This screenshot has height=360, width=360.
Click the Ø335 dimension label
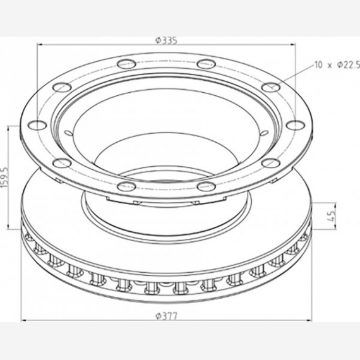[167, 40]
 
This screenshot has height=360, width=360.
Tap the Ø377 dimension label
[167, 316]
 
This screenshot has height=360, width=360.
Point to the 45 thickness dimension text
[331, 215]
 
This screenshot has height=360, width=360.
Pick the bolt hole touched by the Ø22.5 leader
[271, 87]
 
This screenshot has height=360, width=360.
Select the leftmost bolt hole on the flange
[37, 125]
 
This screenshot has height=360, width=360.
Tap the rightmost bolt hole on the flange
[296, 125]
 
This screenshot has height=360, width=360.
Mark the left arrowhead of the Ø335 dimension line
[40, 45]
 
